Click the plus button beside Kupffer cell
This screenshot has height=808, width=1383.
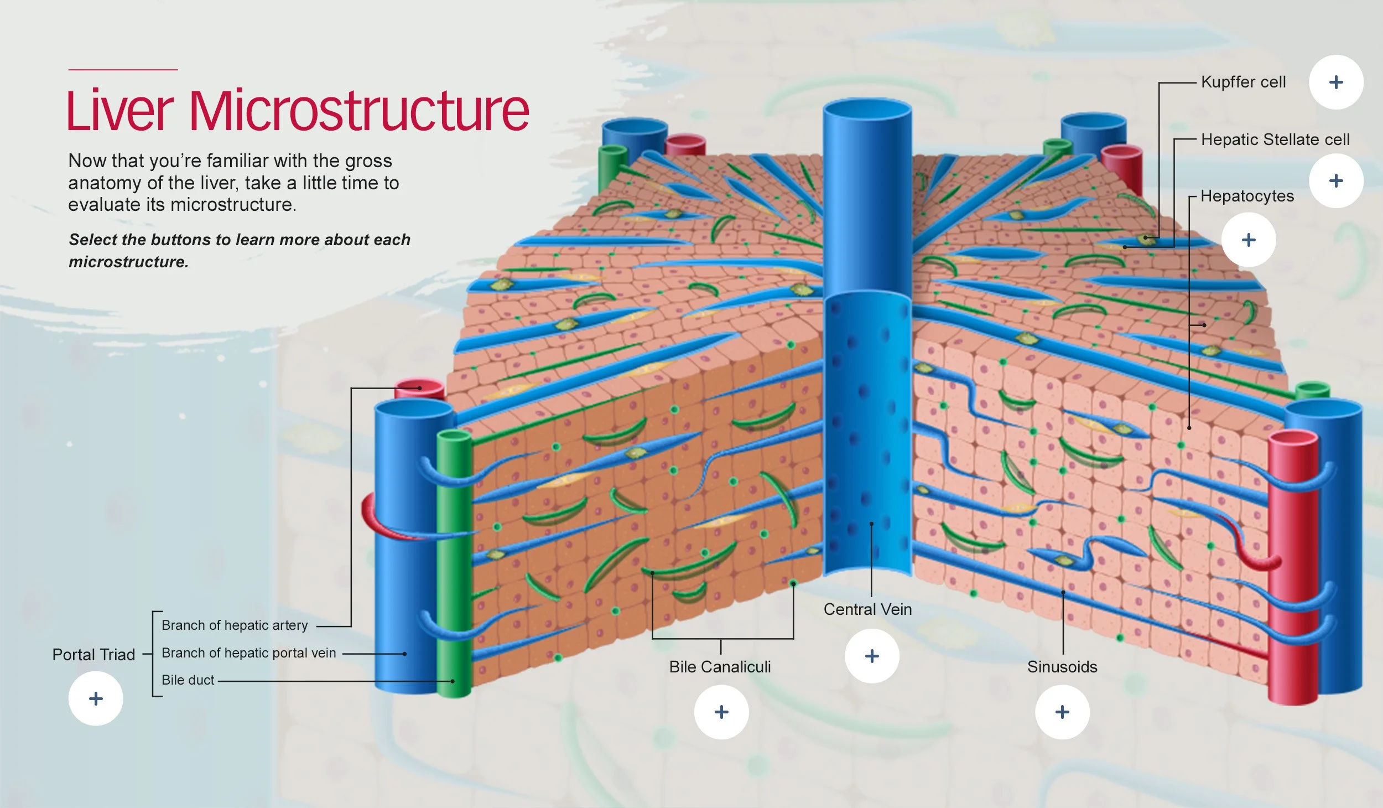[1335, 82]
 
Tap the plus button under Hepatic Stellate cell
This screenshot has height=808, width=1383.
[1335, 181]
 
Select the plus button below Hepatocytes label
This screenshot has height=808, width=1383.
[1248, 240]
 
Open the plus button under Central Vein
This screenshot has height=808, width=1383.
[871, 656]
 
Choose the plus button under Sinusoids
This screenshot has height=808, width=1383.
[1062, 712]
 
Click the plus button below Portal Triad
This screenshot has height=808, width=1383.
[96, 698]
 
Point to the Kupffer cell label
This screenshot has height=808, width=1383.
[1243, 82]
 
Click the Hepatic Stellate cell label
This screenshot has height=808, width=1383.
[1275, 139]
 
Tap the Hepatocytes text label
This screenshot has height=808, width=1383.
[1247, 196]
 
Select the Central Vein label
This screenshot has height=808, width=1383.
[867, 609]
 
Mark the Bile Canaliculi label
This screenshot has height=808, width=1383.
[720, 667]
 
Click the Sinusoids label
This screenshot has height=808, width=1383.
[1062, 667]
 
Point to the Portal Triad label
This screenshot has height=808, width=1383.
[93, 655]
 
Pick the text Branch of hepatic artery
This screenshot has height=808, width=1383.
[235, 625]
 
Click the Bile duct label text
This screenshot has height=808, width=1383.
[188, 680]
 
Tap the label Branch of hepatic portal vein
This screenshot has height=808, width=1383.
[248, 653]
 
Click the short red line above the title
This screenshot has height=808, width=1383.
[123, 70]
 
